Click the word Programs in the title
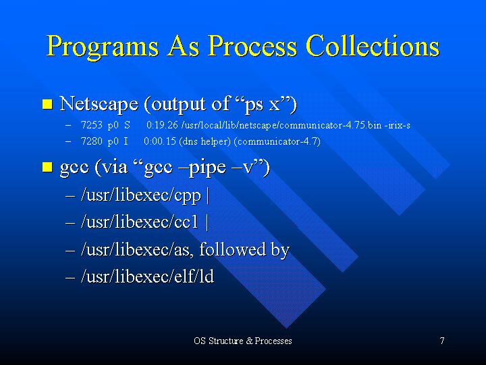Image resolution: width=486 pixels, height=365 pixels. pos(103,47)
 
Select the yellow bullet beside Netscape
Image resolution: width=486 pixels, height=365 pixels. pos(47,104)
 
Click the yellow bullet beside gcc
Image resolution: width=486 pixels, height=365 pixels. pos(47,167)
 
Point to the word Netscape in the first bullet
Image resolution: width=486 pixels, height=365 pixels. pos(99,103)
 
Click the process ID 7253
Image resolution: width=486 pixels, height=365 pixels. pos(91,125)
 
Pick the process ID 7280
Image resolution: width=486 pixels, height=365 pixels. pos(91,141)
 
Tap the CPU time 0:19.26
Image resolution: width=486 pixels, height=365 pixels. pos(162,125)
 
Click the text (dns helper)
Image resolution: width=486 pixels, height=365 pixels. pos(205,141)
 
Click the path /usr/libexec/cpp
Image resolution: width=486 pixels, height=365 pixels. pos(141,196)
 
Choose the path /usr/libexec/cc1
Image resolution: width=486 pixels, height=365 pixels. pos(139,222)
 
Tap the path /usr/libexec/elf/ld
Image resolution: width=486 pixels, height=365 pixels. pos(147,276)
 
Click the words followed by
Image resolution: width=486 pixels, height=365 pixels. pos(244,249)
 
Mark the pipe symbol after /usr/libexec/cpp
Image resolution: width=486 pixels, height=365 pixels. pos(207,195)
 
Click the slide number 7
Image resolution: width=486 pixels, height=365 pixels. pos(442,341)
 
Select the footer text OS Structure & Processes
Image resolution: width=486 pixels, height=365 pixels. pos(243,341)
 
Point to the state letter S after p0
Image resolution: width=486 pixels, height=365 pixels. pos(127,125)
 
